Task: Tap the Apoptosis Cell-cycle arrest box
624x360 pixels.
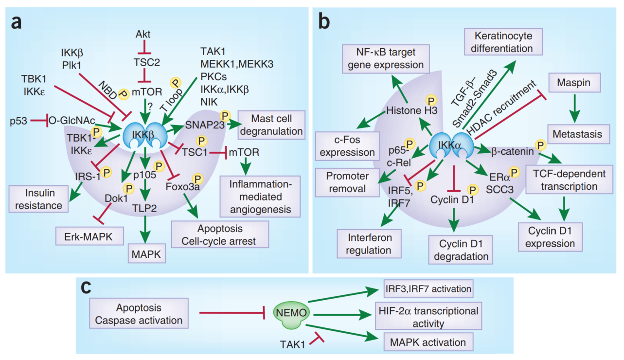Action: coord(219,234)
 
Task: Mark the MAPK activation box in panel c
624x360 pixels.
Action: coord(428,342)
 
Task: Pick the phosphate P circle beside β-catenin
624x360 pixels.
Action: coord(540,144)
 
